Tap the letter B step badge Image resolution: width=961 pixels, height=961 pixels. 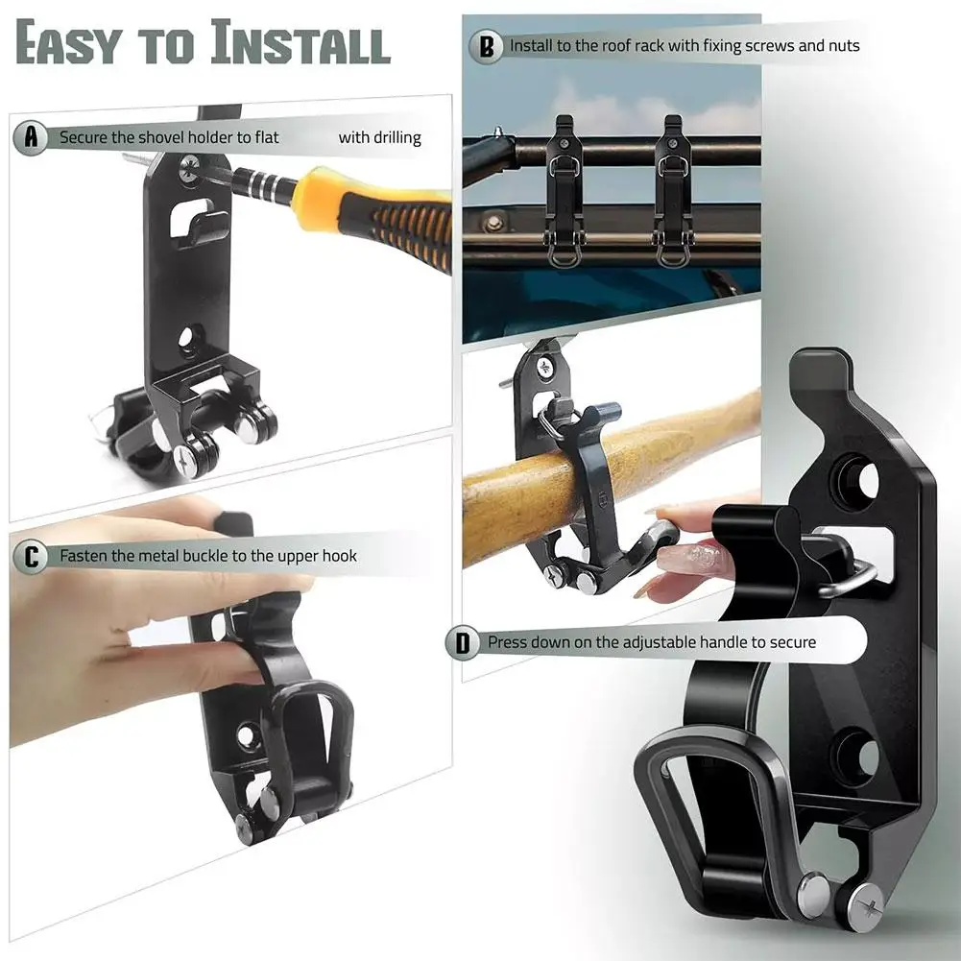click(487, 45)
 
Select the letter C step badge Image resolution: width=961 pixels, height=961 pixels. click(32, 556)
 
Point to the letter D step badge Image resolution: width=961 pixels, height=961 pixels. click(464, 642)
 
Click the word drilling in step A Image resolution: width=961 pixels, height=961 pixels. click(394, 138)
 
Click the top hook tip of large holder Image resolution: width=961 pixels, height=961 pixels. click(821, 364)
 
